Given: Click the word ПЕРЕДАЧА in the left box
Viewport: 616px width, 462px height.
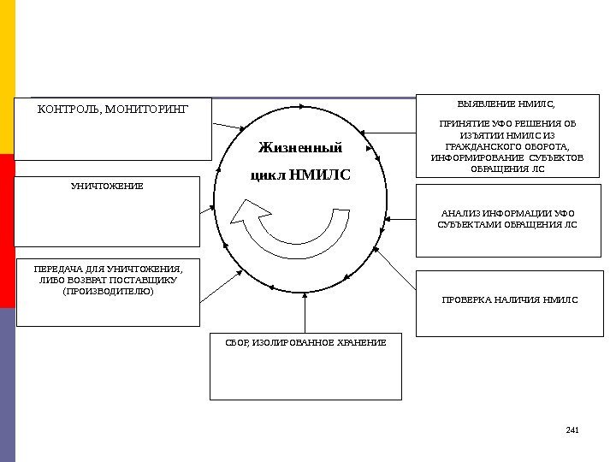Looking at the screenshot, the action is (50, 267).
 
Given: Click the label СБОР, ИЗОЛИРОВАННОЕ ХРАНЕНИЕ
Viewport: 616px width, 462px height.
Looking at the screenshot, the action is (305, 342).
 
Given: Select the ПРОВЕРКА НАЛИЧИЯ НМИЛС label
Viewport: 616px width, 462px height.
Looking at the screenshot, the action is (509, 300).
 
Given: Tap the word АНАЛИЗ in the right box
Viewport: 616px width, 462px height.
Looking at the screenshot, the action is (460, 213).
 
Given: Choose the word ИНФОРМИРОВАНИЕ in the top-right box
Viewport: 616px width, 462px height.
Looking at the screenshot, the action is (470, 157).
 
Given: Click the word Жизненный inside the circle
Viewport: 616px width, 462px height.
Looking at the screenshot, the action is (299, 148).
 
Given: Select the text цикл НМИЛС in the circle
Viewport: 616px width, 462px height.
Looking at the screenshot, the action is (299, 175).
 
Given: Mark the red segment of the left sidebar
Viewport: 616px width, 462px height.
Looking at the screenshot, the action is (7, 231).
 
